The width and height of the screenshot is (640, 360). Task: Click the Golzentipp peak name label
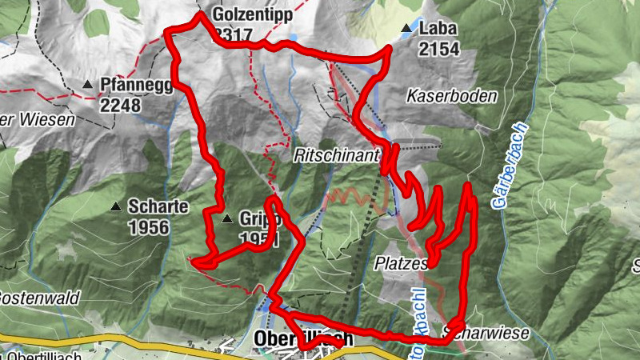click(x=253, y=14)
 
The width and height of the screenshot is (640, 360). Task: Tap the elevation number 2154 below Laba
click(x=438, y=49)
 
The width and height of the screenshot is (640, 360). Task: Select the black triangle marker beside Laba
click(x=406, y=29)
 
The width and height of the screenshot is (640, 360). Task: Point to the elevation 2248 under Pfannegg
click(x=120, y=105)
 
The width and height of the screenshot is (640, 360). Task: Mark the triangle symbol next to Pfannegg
click(x=88, y=83)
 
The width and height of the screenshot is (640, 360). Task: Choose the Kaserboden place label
click(x=452, y=96)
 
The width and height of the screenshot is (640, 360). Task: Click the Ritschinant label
click(x=334, y=155)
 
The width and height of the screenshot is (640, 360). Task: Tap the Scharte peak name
click(x=158, y=207)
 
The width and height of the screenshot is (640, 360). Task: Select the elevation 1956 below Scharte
click(x=148, y=227)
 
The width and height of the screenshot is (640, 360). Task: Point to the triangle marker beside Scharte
click(x=117, y=206)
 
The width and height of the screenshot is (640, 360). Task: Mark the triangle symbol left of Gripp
click(x=227, y=218)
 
